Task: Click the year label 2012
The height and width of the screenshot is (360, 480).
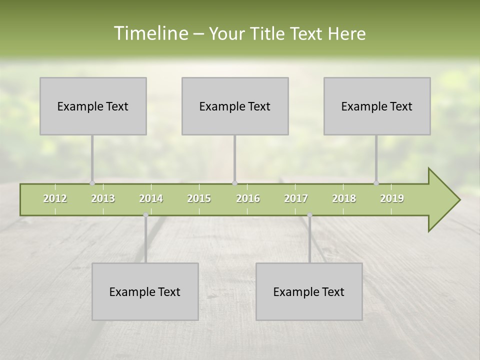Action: coord(55,198)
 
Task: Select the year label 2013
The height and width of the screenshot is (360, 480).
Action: coord(103,198)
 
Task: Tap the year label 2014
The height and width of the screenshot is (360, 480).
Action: coord(151,198)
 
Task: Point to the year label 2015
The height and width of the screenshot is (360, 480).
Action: coord(199,198)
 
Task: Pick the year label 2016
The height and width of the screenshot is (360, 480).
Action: coord(248,198)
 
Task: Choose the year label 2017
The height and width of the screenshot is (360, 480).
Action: coord(296,198)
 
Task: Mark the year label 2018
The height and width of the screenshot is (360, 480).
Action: coord(344,198)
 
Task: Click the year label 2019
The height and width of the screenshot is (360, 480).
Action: coord(392,198)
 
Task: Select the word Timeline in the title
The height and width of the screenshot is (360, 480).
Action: coord(150,33)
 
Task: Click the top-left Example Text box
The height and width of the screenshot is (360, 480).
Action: coord(93,106)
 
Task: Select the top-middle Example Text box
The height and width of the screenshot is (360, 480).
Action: coord(235,106)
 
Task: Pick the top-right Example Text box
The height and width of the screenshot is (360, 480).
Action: coord(377,106)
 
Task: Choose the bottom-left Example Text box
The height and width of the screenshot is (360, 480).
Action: coord(145,291)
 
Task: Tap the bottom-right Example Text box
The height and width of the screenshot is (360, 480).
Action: coord(309,291)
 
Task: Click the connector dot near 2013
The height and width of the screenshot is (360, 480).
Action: coord(92,183)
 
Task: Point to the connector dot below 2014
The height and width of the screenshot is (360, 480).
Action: coord(145,215)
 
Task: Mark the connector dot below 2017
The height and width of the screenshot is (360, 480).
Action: coord(309,215)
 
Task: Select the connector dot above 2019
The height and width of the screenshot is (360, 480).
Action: coord(376,183)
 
